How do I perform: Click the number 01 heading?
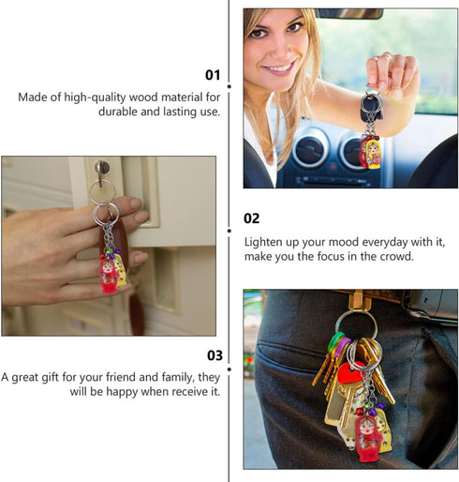tap(212, 75)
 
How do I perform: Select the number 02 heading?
tap(251, 218)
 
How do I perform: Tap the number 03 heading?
tap(215, 355)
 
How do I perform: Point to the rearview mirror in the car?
tap(348, 13)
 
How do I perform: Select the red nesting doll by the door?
tap(110, 274)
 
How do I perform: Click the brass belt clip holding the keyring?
tap(356, 299)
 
